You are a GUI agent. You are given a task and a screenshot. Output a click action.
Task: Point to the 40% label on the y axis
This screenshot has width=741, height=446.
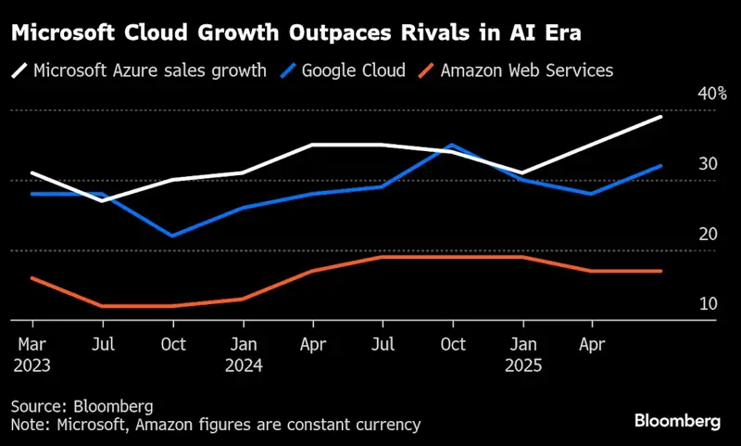pyautogui.click(x=711, y=94)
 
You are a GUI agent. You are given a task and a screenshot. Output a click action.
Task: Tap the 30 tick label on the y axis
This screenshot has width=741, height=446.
pyautogui.click(x=707, y=164)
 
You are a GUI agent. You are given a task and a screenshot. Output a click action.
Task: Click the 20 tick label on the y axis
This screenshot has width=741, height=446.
pyautogui.click(x=707, y=234)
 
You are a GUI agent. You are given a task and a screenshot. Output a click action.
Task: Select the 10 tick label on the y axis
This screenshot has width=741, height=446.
pyautogui.click(x=707, y=304)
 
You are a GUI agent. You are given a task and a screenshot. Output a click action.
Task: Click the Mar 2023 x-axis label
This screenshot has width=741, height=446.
pyautogui.click(x=32, y=354)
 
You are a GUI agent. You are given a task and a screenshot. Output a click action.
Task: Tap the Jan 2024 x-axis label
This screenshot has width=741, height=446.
pyautogui.click(x=244, y=354)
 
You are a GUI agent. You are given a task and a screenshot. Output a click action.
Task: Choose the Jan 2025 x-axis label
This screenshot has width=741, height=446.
pyautogui.click(x=523, y=354)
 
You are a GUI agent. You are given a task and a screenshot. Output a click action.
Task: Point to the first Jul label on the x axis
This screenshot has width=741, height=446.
pyautogui.click(x=103, y=345)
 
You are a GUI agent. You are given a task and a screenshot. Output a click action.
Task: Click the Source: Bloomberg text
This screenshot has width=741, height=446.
pyautogui.click(x=82, y=406)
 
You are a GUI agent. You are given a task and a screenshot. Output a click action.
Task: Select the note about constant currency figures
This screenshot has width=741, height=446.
pyautogui.click(x=216, y=425)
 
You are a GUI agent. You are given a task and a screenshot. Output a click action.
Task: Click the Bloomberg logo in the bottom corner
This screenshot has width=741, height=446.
pyautogui.click(x=677, y=421)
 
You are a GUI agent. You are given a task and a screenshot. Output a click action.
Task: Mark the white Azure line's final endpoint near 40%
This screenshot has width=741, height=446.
pyautogui.click(x=661, y=117)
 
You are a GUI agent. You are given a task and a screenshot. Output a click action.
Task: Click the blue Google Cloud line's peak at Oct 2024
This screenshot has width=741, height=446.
pyautogui.click(x=452, y=146)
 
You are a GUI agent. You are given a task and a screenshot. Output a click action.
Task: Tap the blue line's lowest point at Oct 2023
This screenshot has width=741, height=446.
pyautogui.click(x=172, y=236)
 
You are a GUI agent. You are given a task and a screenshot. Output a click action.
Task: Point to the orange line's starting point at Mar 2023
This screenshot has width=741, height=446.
pyautogui.click(x=32, y=278)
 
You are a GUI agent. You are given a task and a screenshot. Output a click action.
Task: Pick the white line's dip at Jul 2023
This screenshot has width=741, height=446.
pyautogui.click(x=103, y=200)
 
